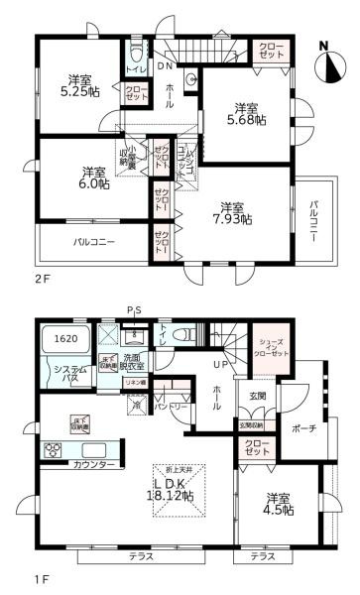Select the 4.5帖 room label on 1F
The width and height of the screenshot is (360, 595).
pyautogui.click(x=282, y=504)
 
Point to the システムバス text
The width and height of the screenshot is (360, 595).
pyautogui.click(x=59, y=373)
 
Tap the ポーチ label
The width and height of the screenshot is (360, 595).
pyautogui.click(x=302, y=428)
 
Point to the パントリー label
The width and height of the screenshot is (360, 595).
pyautogui.click(x=173, y=407)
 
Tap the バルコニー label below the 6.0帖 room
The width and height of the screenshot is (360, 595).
pyautogui.click(x=93, y=241)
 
